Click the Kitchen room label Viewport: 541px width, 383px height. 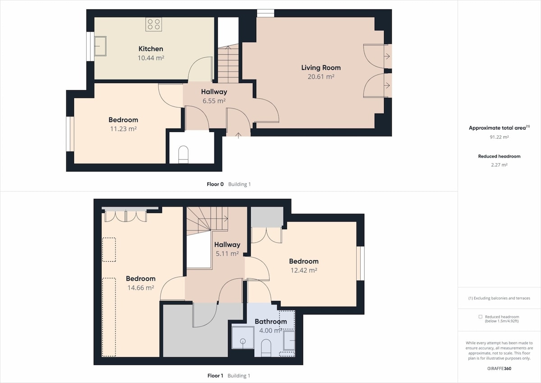(151, 49)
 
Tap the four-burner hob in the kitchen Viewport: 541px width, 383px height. (154, 24)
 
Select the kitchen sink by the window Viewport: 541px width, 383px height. (100, 46)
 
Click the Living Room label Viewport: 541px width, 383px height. (321, 68)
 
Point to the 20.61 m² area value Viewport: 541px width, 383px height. (321, 77)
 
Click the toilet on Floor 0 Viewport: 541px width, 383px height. (183, 154)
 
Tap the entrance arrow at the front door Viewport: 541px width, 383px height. (238, 135)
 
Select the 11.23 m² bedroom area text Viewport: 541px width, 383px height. (124, 129)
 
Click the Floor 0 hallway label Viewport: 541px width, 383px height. (214, 92)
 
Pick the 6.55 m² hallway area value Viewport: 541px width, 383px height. (214, 101)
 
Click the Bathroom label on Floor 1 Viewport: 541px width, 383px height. (271, 322)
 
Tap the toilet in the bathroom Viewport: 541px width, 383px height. (266, 348)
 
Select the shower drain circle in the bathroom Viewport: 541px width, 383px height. (243, 341)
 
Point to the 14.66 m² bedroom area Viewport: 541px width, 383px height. (141, 288)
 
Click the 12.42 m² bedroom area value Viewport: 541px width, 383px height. (303, 270)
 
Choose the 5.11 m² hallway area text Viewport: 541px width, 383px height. (227, 254)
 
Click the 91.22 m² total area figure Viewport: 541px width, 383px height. (499, 137)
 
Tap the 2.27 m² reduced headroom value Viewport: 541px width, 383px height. (499, 165)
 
